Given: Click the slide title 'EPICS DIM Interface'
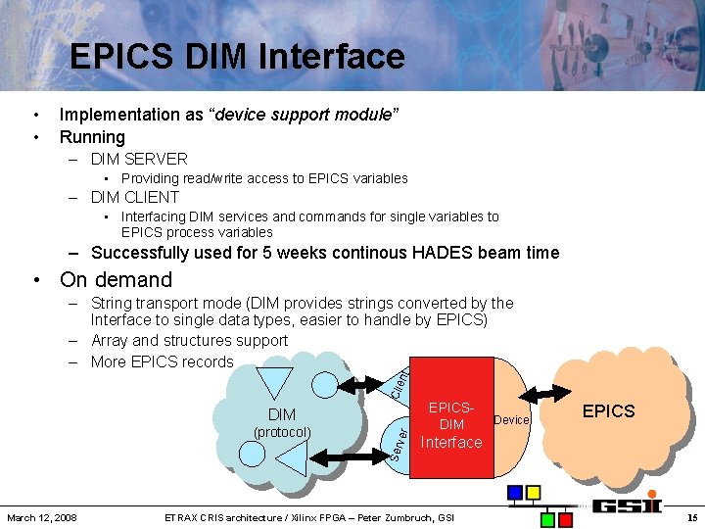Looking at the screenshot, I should (x=237, y=56).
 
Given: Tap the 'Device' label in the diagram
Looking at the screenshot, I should (x=511, y=419).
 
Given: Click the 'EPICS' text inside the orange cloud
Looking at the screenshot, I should (x=608, y=410).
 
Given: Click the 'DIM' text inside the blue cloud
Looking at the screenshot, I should (x=282, y=414).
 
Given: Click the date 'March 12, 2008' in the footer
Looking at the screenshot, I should (x=42, y=517).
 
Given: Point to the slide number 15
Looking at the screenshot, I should (x=691, y=517).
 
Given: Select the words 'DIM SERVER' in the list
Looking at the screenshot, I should (x=138, y=159).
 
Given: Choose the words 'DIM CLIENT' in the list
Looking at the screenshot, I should (x=135, y=197).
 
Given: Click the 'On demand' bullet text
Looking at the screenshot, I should (x=116, y=279).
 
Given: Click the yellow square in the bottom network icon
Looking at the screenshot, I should (x=534, y=492).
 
